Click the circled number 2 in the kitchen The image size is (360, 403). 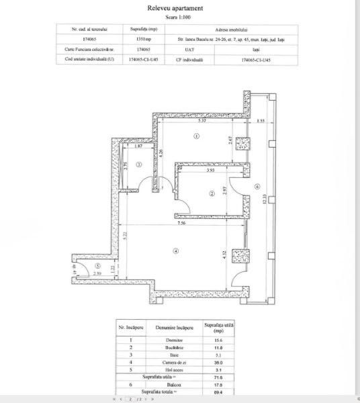tap(211, 194)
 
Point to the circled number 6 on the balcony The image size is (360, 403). tap(257, 187)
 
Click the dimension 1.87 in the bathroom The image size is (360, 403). tap(138, 146)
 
